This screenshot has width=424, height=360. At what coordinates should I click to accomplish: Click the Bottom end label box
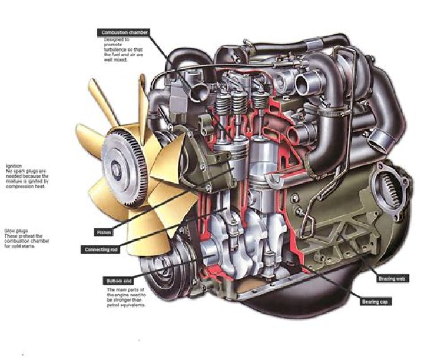(x=114, y=281)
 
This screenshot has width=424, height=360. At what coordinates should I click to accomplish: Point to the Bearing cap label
(x=375, y=302)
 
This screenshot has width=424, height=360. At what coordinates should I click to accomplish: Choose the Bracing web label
(x=390, y=277)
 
